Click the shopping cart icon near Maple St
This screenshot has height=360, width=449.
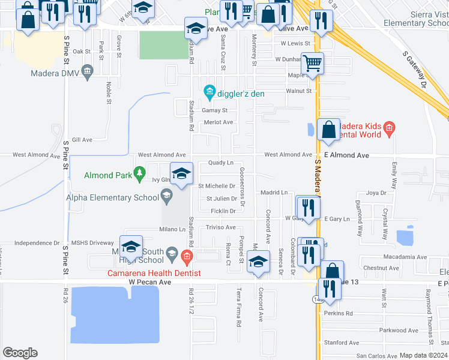point(313,62)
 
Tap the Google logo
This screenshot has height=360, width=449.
point(20,353)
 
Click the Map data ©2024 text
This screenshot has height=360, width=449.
point(424,355)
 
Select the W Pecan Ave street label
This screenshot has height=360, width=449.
point(149,281)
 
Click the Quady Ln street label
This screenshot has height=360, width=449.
point(220,163)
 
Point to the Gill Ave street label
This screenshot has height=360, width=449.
point(82,140)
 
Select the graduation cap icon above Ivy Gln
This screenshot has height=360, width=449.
point(181,173)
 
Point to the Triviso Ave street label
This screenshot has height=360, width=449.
point(220,227)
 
